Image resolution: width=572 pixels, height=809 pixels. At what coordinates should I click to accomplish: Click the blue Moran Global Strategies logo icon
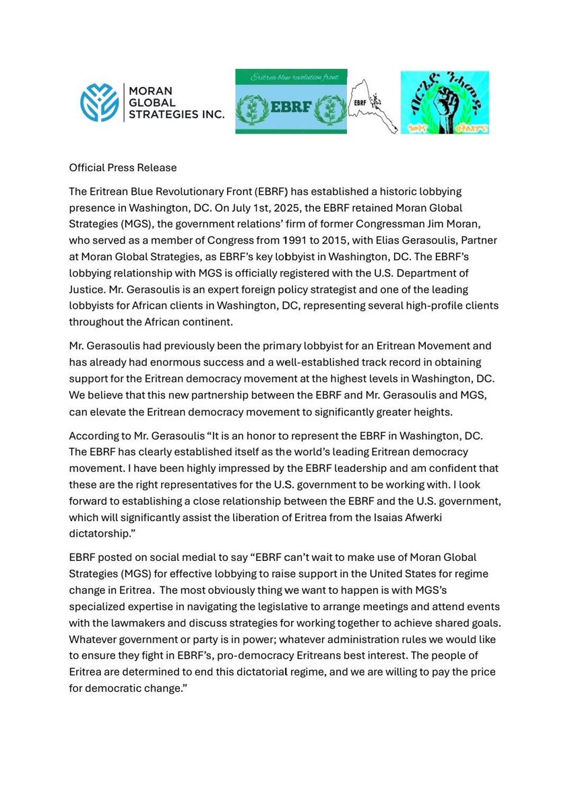coord(99,102)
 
